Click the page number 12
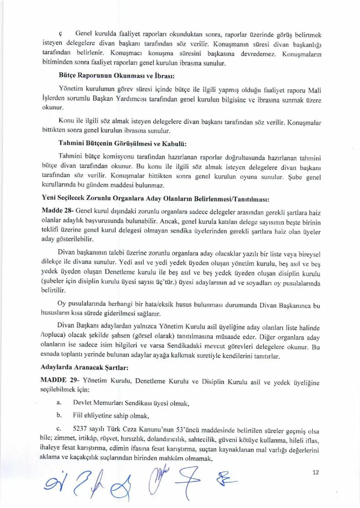(315, 472)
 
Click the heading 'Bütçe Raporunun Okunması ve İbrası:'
(117, 76)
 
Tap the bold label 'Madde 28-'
(58, 211)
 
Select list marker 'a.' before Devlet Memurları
(59, 402)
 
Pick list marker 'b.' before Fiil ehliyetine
(59, 415)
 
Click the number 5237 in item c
(81, 429)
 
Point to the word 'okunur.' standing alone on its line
(53, 108)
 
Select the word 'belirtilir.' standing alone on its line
(53, 290)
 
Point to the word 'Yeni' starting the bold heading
(49, 198)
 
